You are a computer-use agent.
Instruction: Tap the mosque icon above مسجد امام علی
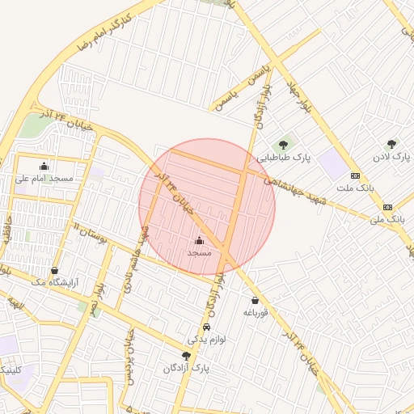point(44,166)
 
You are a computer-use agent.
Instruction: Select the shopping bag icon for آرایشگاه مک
point(54,270)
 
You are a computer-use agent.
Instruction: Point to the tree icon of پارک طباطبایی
point(283,144)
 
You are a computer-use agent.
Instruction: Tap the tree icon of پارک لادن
point(392,144)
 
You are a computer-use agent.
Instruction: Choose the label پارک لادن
point(392,156)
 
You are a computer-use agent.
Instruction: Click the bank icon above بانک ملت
point(355,175)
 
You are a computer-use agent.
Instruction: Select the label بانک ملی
point(387,219)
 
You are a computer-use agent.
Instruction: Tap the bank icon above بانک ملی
point(387,207)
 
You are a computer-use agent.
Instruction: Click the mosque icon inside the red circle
point(200,240)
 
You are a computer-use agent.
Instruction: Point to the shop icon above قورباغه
point(255,300)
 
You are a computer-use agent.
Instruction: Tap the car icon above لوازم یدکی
point(208,327)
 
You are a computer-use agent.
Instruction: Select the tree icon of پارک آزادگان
point(187,356)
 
